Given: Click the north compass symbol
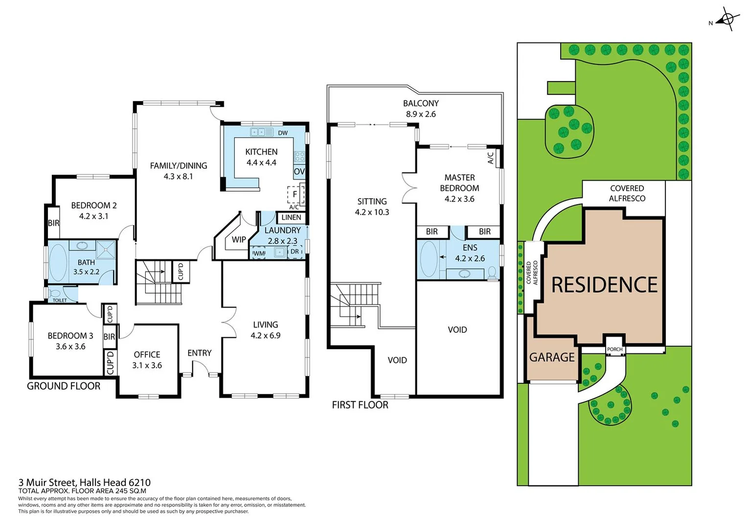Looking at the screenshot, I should point(726,20).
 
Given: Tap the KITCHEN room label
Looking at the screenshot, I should point(261,152).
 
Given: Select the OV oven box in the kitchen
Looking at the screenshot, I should point(299,172).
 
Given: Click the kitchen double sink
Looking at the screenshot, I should point(261,132).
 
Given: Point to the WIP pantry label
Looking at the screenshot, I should point(239,240).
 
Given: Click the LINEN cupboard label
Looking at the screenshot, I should point(291,218).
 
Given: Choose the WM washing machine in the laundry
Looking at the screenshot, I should point(258,253).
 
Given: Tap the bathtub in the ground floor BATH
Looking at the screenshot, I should point(58,262).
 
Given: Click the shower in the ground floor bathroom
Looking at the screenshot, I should point(105,249).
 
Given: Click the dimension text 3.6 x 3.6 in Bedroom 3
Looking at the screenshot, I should point(70,347).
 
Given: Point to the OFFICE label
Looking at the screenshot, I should point(147,354).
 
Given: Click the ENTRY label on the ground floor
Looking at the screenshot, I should point(200,353).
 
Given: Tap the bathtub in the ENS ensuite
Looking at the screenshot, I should point(429,259).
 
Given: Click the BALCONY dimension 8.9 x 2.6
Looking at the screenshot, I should point(421,114).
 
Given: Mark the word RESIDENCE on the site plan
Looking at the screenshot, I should point(604,285).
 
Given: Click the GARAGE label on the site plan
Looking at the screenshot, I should point(552,358).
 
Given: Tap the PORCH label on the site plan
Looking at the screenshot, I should point(614,349).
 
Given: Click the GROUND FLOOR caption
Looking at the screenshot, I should point(64,386).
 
